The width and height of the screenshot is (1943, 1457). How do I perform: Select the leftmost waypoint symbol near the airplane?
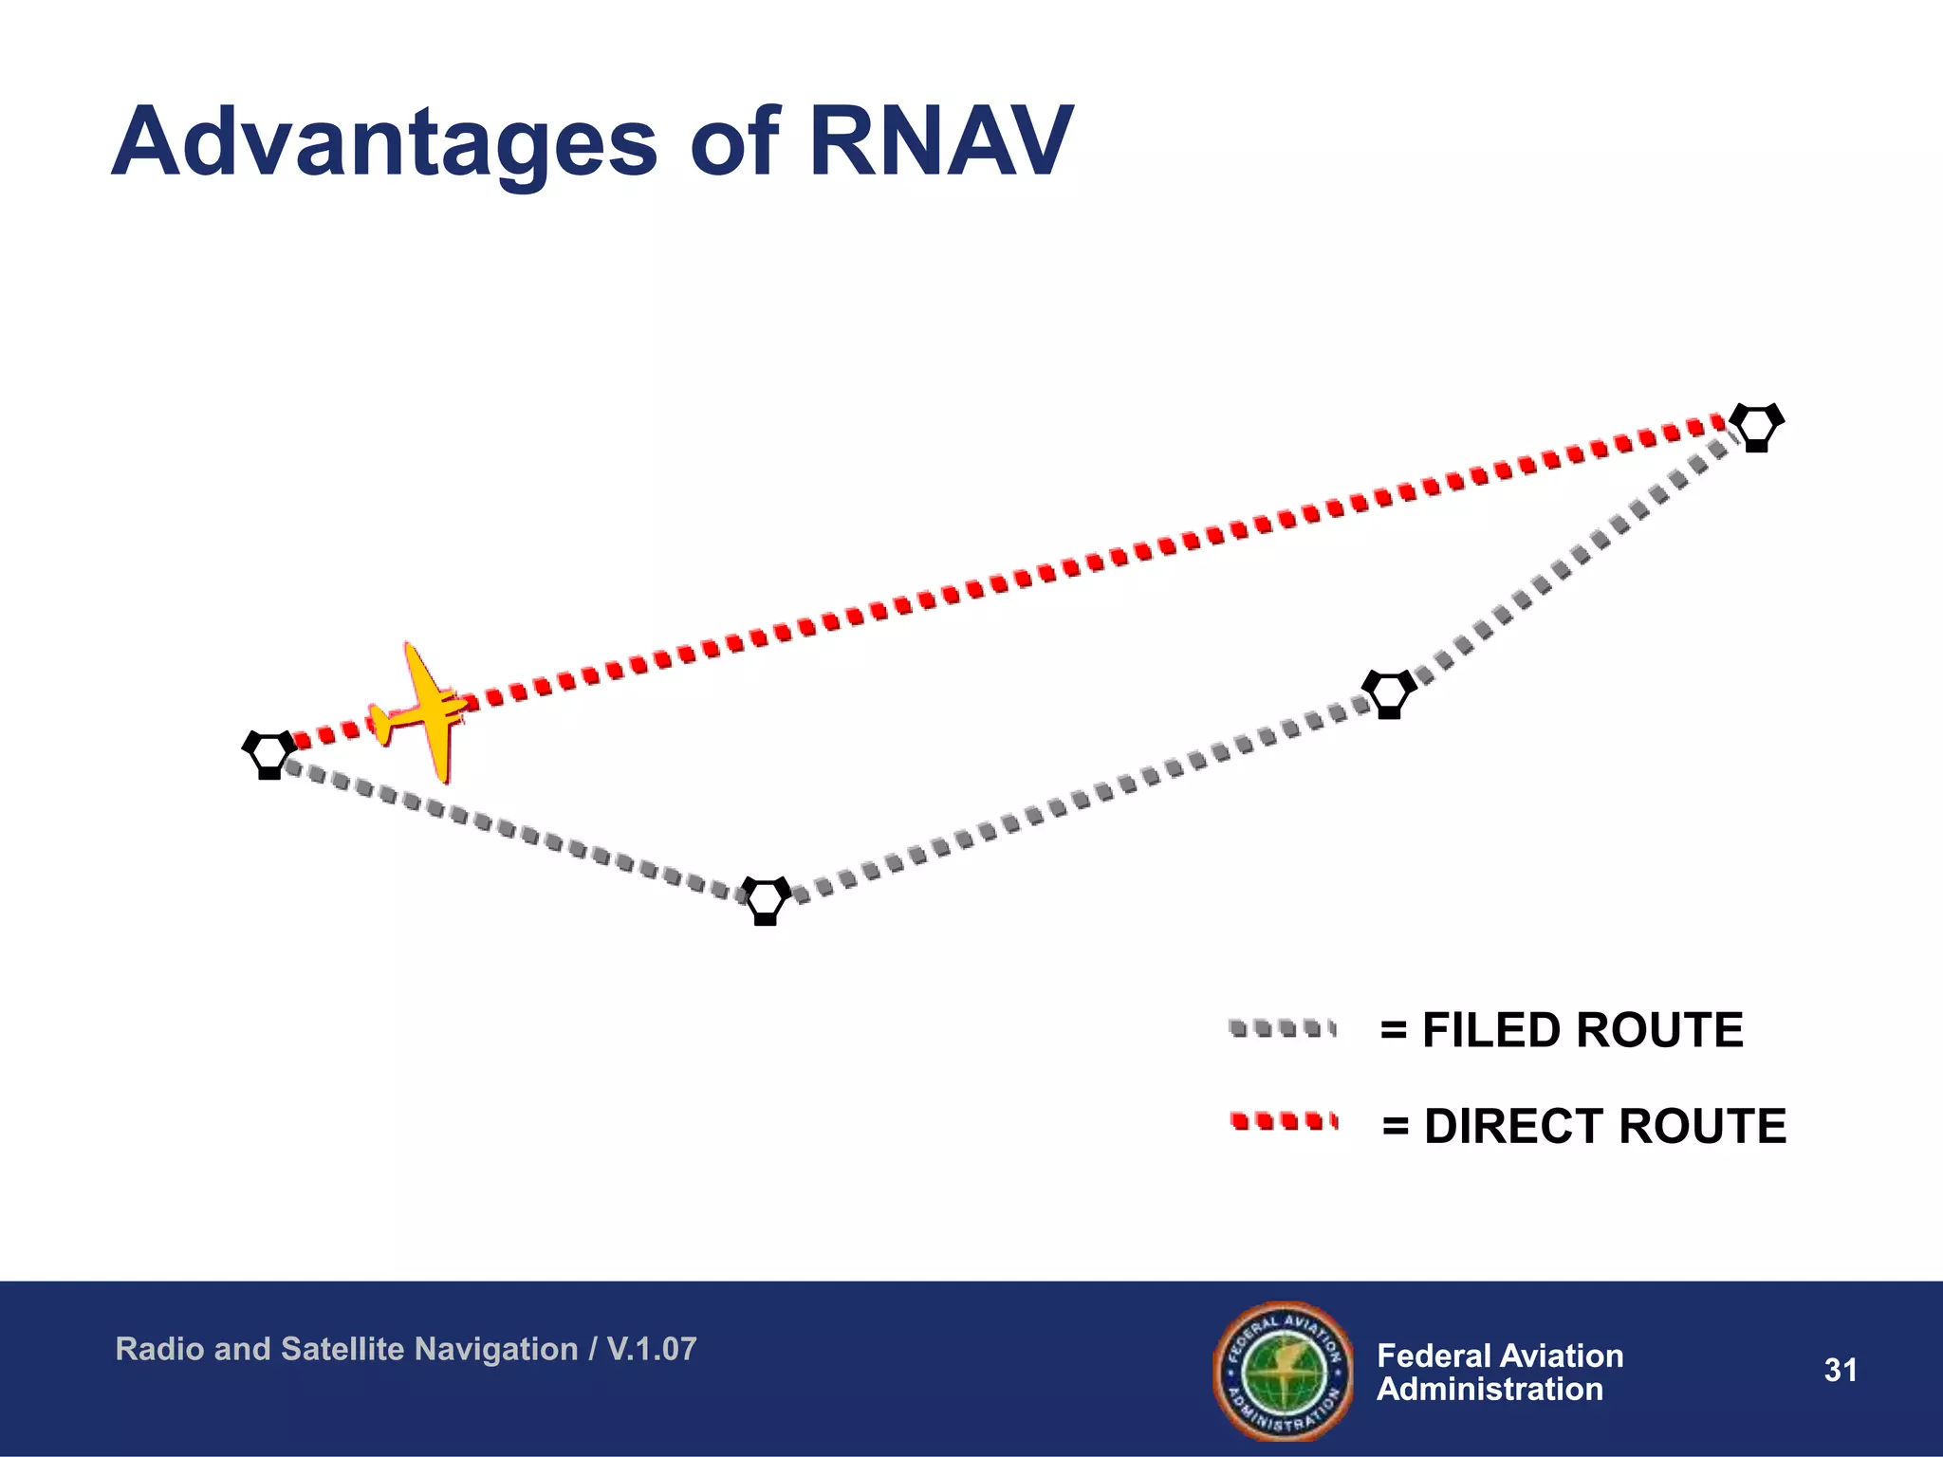[x=269, y=753]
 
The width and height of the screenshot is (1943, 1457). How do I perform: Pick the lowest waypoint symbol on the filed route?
[x=767, y=899]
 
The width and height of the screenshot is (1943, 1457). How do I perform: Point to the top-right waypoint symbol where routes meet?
[x=1756, y=426]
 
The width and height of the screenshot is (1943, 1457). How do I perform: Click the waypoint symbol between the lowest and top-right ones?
[x=1389, y=693]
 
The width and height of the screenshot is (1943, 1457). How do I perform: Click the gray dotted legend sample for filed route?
[x=1282, y=1028]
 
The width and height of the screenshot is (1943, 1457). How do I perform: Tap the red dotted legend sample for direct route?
[x=1284, y=1122]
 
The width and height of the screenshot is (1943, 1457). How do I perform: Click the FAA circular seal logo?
[x=1283, y=1370]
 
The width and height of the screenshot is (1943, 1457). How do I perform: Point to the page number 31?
[x=1840, y=1370]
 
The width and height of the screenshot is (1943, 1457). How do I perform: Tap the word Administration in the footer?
[x=1490, y=1390]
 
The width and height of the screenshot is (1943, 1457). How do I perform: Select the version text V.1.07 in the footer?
[x=652, y=1349]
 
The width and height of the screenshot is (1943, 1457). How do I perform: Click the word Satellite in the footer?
[x=335, y=1349]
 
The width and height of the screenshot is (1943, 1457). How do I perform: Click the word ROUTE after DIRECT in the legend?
[x=1702, y=1127]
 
